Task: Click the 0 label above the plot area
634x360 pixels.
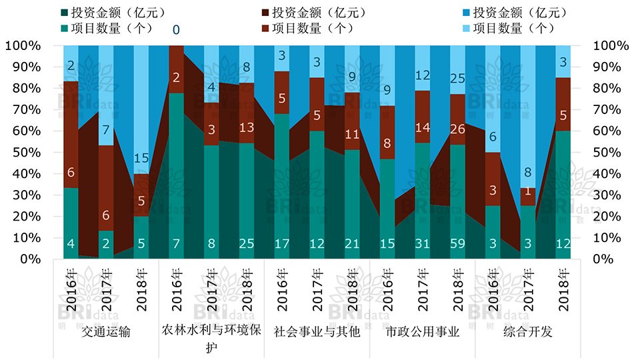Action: pyautogui.click(x=176, y=30)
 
